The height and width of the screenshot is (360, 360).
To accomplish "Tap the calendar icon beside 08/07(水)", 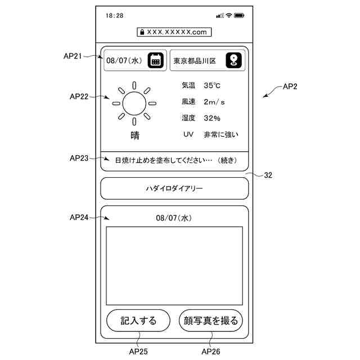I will (155, 61).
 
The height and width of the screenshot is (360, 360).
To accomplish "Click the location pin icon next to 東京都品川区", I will (233, 61).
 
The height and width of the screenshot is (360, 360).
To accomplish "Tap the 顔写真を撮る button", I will (211, 321).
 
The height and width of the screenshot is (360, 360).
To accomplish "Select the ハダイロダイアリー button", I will (174, 188).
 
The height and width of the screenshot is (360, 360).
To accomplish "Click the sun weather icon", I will (134, 103).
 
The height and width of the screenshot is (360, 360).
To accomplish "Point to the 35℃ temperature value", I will (212, 86).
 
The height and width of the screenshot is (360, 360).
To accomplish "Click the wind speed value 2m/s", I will (214, 102).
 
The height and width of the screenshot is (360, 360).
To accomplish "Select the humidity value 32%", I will (212, 118).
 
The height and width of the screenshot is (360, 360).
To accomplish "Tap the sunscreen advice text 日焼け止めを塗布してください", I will (163, 160).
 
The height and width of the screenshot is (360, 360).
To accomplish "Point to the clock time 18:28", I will (114, 16).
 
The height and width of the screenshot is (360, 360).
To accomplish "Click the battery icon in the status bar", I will (239, 16).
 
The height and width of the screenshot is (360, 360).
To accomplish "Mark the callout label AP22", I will (79, 96).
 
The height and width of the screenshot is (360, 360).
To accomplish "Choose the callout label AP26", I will (211, 352).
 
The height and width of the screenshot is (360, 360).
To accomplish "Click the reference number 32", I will (268, 175).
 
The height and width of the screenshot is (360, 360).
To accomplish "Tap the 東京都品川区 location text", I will (195, 61).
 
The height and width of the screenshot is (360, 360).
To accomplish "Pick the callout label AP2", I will (290, 87).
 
